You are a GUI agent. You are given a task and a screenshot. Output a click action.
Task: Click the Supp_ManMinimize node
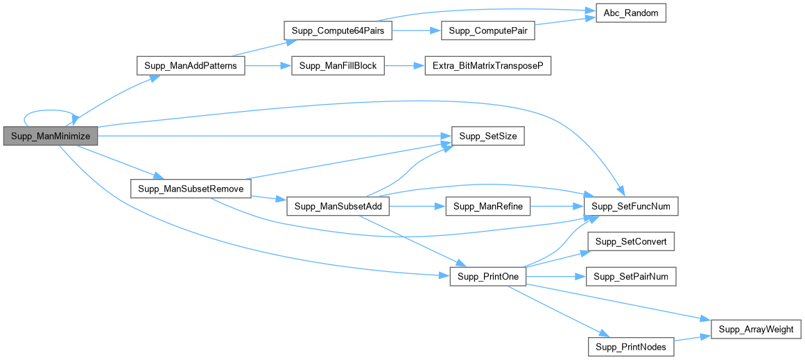coord(51,137)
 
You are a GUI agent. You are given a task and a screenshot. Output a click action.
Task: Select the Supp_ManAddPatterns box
coord(191,67)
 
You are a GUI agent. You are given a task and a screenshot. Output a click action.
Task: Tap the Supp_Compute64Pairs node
coord(338,32)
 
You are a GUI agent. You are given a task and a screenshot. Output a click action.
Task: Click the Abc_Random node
coord(630,14)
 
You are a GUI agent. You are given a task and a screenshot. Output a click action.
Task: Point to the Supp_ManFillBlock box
coord(338,67)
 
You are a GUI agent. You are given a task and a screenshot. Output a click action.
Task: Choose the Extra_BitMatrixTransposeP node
coord(488,67)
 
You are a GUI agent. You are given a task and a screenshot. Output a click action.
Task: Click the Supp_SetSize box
coord(488,137)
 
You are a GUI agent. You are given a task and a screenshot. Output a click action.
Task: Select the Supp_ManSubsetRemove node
coord(191,189)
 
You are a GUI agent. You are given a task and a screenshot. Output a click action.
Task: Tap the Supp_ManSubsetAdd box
coord(338,207)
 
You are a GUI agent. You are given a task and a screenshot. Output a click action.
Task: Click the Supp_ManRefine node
coord(488,207)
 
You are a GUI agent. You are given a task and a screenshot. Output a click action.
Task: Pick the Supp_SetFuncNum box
coord(630,207)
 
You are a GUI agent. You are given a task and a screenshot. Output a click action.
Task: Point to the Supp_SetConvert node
coord(630,241)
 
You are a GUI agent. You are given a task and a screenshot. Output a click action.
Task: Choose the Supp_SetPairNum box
coord(630,277)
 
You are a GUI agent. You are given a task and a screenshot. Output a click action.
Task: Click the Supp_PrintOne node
coord(488,277)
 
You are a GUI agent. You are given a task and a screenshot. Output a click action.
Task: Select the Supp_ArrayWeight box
coord(756,329)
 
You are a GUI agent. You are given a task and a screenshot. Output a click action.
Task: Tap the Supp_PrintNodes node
coord(630,347)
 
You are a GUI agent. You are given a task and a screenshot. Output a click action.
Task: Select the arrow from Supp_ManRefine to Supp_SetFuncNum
coord(557,207)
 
